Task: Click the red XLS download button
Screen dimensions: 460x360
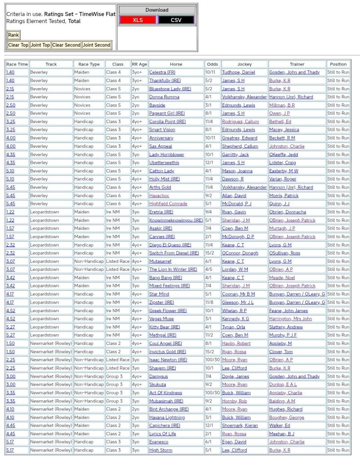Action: click(x=138, y=20)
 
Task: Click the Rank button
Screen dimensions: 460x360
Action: click(x=13, y=35)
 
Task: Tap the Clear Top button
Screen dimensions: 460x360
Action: click(x=18, y=45)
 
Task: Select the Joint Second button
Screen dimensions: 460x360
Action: click(x=96, y=45)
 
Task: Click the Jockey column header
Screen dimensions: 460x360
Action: click(x=244, y=64)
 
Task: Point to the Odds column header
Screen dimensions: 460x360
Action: click(x=212, y=64)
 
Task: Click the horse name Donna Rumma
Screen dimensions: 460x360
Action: click(x=164, y=97)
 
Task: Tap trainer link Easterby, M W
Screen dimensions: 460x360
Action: click(x=284, y=171)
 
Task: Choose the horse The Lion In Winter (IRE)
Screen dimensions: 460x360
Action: click(x=173, y=270)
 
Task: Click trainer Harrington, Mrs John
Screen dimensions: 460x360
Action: click(x=290, y=319)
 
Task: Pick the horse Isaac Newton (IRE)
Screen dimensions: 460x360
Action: click(x=168, y=360)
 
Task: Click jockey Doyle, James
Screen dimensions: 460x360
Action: click(x=235, y=376)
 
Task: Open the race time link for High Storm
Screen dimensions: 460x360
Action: click(x=10, y=450)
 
